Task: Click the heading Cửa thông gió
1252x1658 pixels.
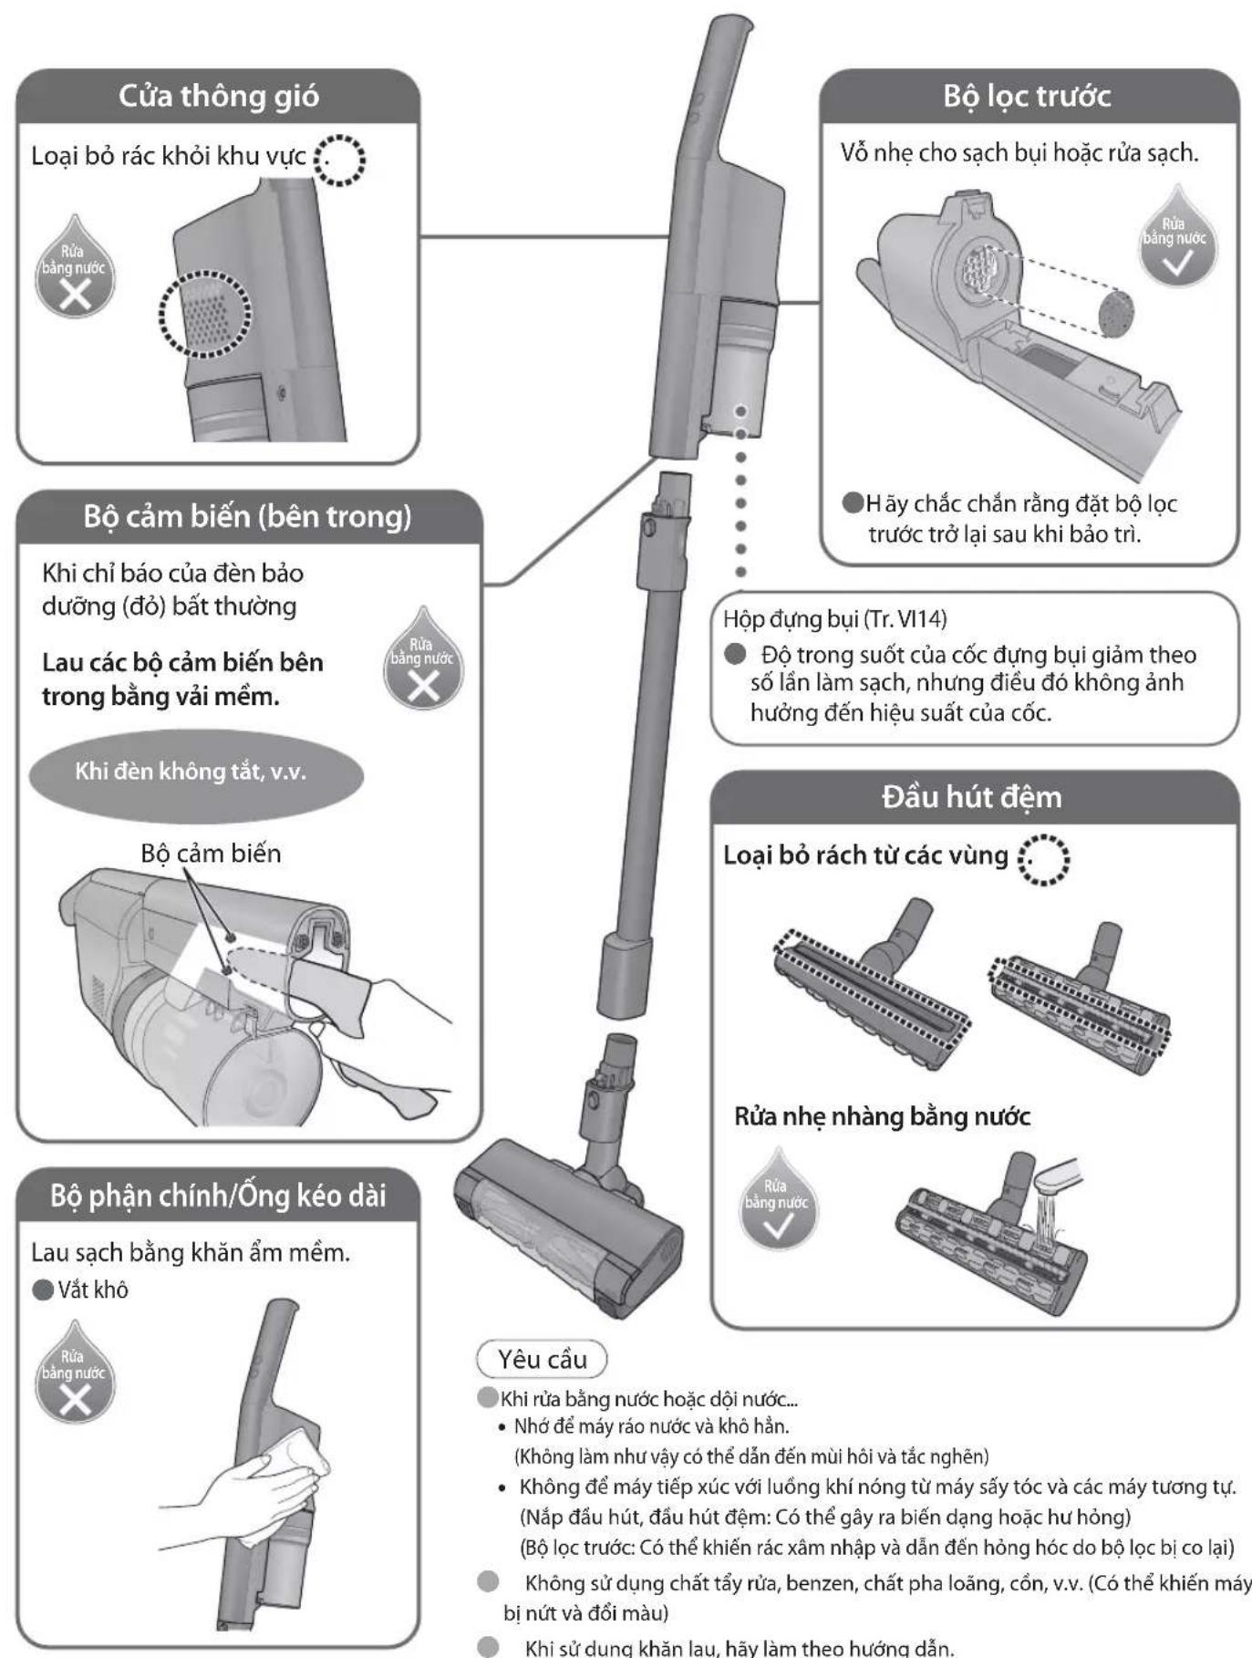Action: tap(219, 96)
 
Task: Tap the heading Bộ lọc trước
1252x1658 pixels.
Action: tap(1028, 96)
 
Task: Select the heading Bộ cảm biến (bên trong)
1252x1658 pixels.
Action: tap(247, 516)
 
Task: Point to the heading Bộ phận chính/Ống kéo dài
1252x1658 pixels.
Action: tap(218, 1195)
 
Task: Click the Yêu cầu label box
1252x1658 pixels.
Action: tap(543, 1360)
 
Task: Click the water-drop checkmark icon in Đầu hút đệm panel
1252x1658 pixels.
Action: tap(777, 1201)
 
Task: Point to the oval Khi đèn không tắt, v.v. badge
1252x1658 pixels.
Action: tap(196, 772)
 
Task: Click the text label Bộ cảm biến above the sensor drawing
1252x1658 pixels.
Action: tap(211, 854)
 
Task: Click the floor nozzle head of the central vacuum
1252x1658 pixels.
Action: tap(568, 1222)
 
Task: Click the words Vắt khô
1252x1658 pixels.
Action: tap(92, 1290)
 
